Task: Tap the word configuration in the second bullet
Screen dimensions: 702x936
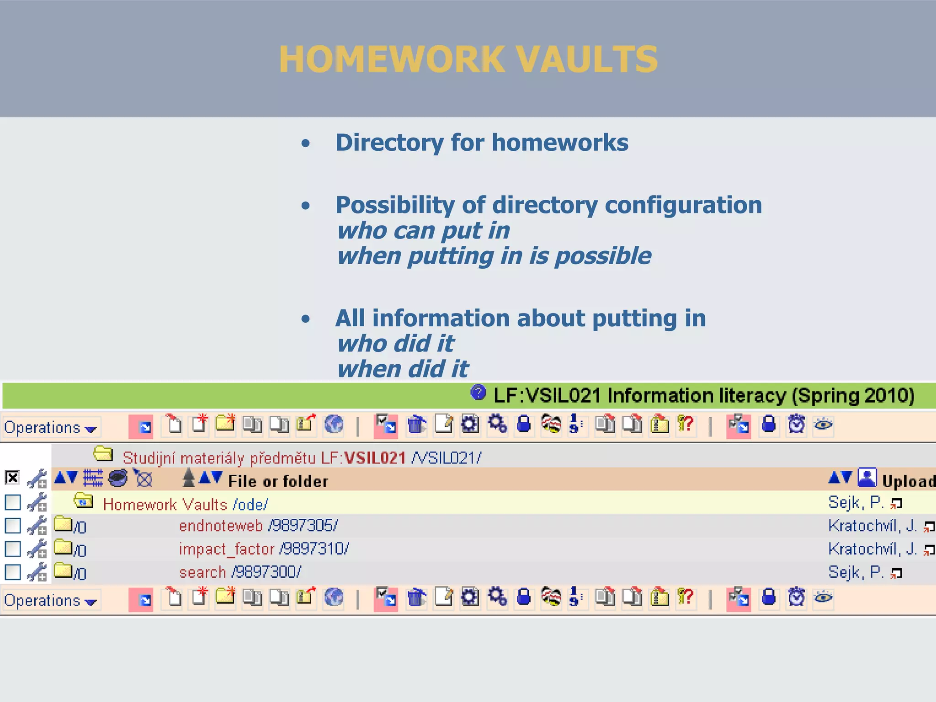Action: point(683,205)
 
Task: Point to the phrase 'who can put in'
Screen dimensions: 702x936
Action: point(423,230)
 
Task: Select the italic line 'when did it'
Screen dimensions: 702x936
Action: point(403,369)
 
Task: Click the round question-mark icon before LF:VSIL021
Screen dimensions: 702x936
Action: point(478,392)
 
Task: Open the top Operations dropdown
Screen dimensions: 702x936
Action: point(50,428)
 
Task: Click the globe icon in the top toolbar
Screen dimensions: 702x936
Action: point(334,424)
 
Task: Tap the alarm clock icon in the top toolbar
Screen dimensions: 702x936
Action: point(796,424)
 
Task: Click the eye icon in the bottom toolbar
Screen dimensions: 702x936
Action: point(823,597)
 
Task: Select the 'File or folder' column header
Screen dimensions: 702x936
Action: point(278,481)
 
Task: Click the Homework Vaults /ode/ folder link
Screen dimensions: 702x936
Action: point(185,505)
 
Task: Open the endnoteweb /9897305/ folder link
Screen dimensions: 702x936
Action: point(258,526)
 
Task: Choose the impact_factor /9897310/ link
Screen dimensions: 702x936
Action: point(264,549)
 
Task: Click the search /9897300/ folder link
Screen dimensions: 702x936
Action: point(240,572)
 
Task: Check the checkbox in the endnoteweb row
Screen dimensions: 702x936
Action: point(13,526)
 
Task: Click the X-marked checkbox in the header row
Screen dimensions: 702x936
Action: point(12,478)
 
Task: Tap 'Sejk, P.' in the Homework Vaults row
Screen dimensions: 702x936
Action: point(855,503)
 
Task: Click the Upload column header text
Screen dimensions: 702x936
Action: point(908,481)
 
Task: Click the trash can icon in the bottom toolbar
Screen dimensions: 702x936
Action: point(416,597)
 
